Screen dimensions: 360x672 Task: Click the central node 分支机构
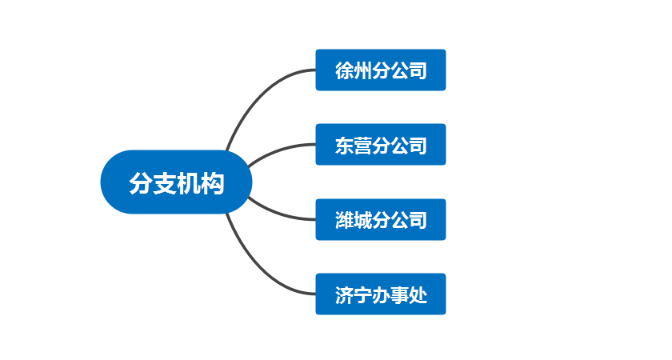(176, 182)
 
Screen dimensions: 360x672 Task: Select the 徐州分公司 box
(380, 70)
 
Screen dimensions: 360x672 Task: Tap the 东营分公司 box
(380, 145)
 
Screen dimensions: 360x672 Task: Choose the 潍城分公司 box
(380, 219)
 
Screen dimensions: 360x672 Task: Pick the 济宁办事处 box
(380, 294)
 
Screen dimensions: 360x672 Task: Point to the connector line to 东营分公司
(276, 150)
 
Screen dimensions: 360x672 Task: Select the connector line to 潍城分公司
(276, 214)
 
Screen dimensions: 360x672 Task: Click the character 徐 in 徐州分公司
(344, 70)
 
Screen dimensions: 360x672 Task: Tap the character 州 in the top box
(362, 70)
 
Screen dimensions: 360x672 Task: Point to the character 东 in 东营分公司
(344, 146)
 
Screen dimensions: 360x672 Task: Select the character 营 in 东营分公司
(362, 146)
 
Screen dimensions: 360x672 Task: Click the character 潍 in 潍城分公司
(344, 220)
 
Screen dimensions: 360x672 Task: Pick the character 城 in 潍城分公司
(362, 220)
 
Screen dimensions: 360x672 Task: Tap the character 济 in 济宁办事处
(344, 295)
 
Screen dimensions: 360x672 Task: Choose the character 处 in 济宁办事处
(418, 295)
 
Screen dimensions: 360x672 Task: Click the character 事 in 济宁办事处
(399, 295)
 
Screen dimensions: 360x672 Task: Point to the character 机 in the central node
(188, 183)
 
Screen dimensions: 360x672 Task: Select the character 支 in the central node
(164, 183)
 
